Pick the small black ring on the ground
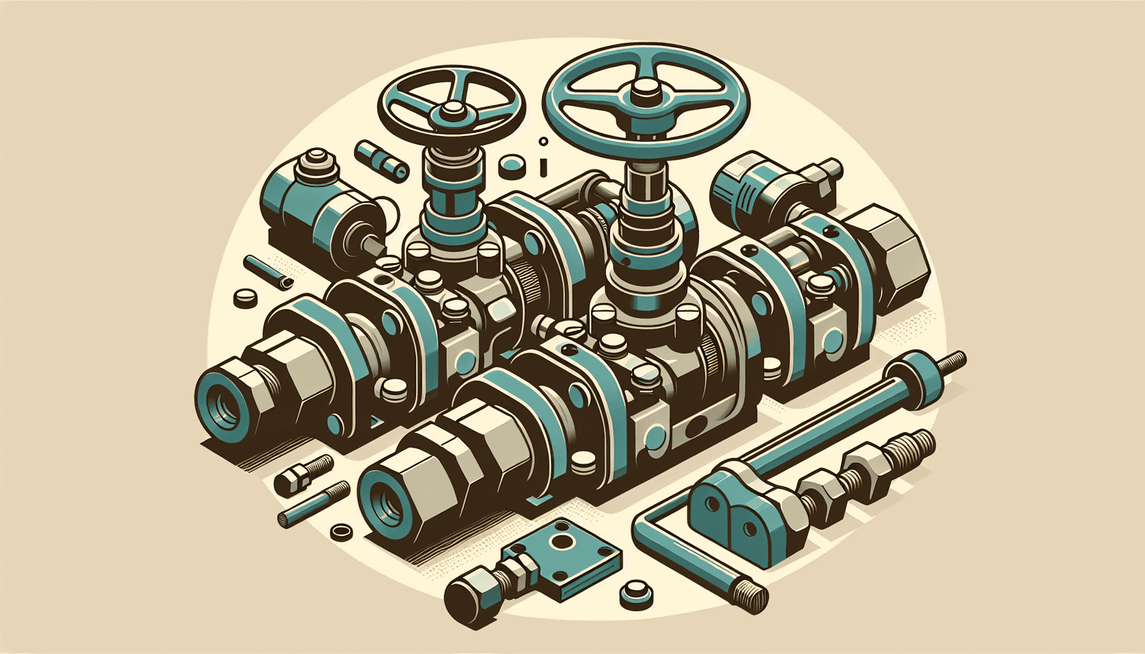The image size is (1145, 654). [x=341, y=531]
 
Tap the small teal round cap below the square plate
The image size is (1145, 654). [x=636, y=592]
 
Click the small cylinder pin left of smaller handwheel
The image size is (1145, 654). [x=381, y=158]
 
